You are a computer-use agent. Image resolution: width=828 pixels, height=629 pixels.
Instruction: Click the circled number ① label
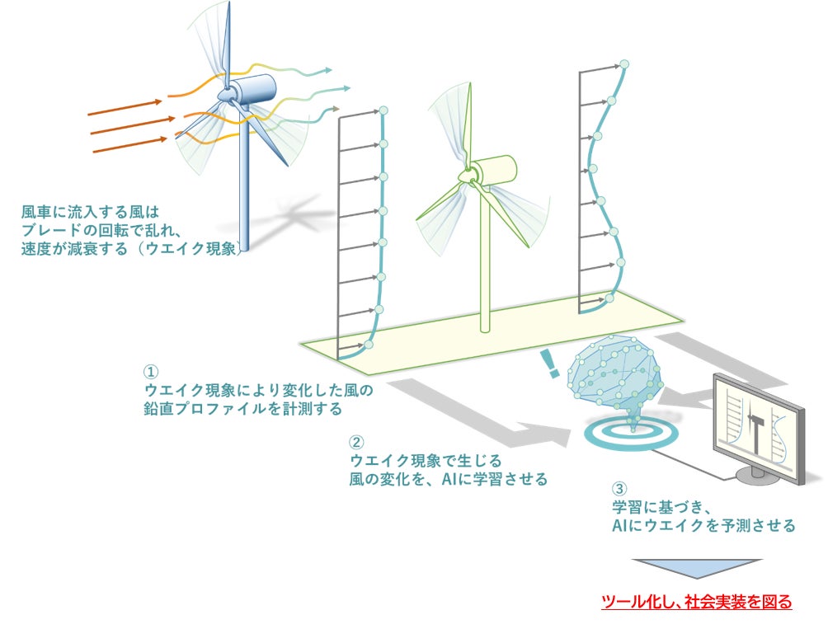pyautogui.click(x=150, y=373)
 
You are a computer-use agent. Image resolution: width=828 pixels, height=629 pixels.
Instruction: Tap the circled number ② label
pyautogui.click(x=356, y=443)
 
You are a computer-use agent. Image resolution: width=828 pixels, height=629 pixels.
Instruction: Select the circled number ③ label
pyautogui.click(x=619, y=489)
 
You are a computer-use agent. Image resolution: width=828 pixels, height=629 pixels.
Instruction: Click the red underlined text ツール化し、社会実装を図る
pyautogui.click(x=696, y=602)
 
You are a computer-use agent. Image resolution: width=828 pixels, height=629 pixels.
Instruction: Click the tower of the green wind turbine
pyautogui.click(x=485, y=272)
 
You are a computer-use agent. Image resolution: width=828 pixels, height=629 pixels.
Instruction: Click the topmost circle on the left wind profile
pyautogui.click(x=383, y=111)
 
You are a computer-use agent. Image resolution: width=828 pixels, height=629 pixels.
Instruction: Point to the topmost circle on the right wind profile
pyautogui.click(x=624, y=63)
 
